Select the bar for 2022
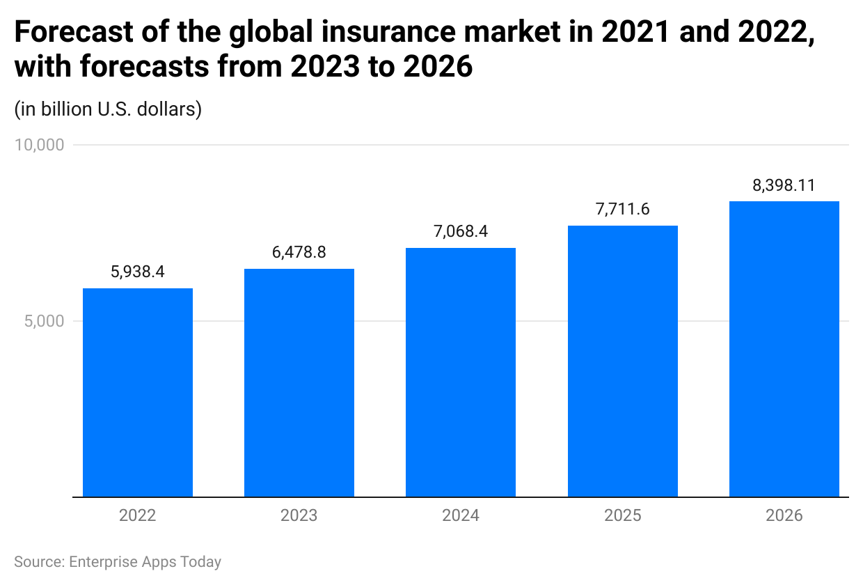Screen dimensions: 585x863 pos(138,393)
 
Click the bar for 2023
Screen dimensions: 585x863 pos(299,383)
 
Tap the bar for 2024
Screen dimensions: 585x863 pos(461,373)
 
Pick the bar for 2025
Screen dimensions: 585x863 pos(622,361)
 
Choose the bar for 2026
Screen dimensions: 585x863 pos(784,349)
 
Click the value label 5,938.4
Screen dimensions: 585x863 pos(138,272)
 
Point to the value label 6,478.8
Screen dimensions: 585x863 pos(299,252)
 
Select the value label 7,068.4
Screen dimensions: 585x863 pos(461,231)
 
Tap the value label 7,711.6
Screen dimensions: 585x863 pos(622,209)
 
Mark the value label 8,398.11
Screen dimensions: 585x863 pos(784,185)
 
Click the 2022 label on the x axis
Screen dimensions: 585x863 pos(138,515)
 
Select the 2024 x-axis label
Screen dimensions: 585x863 pos(461,515)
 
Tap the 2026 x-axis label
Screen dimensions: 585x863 pos(784,515)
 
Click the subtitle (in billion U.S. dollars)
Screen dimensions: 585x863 pos(108,109)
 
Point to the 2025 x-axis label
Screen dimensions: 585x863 pos(622,515)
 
